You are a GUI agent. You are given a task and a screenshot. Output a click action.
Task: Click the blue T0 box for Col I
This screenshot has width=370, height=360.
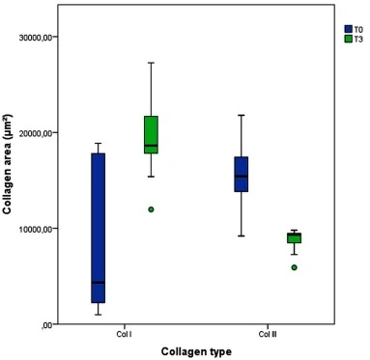click(x=98, y=228)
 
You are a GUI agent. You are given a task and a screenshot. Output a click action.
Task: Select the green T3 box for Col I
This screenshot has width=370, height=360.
click(x=151, y=134)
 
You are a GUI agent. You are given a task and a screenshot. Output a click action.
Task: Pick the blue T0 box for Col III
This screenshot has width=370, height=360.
click(x=242, y=174)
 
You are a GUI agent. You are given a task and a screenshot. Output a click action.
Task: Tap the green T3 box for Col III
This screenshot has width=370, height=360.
click(x=295, y=237)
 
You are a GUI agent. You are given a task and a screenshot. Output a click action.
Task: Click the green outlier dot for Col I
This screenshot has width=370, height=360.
click(x=151, y=209)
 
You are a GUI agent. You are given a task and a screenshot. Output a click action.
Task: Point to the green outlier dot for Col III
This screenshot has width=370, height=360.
click(x=295, y=267)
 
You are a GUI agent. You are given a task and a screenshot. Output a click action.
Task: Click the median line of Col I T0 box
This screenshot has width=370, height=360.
click(x=98, y=283)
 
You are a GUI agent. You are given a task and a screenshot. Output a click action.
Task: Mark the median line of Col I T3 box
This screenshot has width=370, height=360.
click(x=151, y=146)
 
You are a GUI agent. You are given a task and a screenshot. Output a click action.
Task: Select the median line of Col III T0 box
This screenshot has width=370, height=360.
click(x=242, y=176)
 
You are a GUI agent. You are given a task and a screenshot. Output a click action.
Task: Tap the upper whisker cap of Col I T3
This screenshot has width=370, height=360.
click(x=151, y=63)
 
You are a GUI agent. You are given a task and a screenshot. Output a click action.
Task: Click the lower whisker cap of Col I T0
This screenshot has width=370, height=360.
click(x=98, y=315)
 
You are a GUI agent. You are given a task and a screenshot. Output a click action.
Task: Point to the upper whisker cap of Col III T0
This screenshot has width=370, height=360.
click(x=242, y=115)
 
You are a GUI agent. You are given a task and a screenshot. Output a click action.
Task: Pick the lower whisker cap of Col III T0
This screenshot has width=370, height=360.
click(x=242, y=235)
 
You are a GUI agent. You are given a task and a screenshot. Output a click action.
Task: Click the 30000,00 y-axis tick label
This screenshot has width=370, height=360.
click(x=35, y=38)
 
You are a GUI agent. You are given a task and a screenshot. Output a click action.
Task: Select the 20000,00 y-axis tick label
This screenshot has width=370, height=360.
click(x=35, y=133)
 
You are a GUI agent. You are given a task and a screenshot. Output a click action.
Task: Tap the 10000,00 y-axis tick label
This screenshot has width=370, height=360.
click(x=35, y=229)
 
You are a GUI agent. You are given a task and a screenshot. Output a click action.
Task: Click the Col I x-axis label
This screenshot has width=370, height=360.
click(x=124, y=334)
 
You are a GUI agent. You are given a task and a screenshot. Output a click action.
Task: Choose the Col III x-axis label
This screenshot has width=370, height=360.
click(x=268, y=334)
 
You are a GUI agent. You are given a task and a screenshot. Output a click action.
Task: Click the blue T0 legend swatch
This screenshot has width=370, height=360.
click(x=349, y=29)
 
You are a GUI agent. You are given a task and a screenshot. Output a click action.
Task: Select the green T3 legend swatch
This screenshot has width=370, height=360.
click(x=349, y=39)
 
